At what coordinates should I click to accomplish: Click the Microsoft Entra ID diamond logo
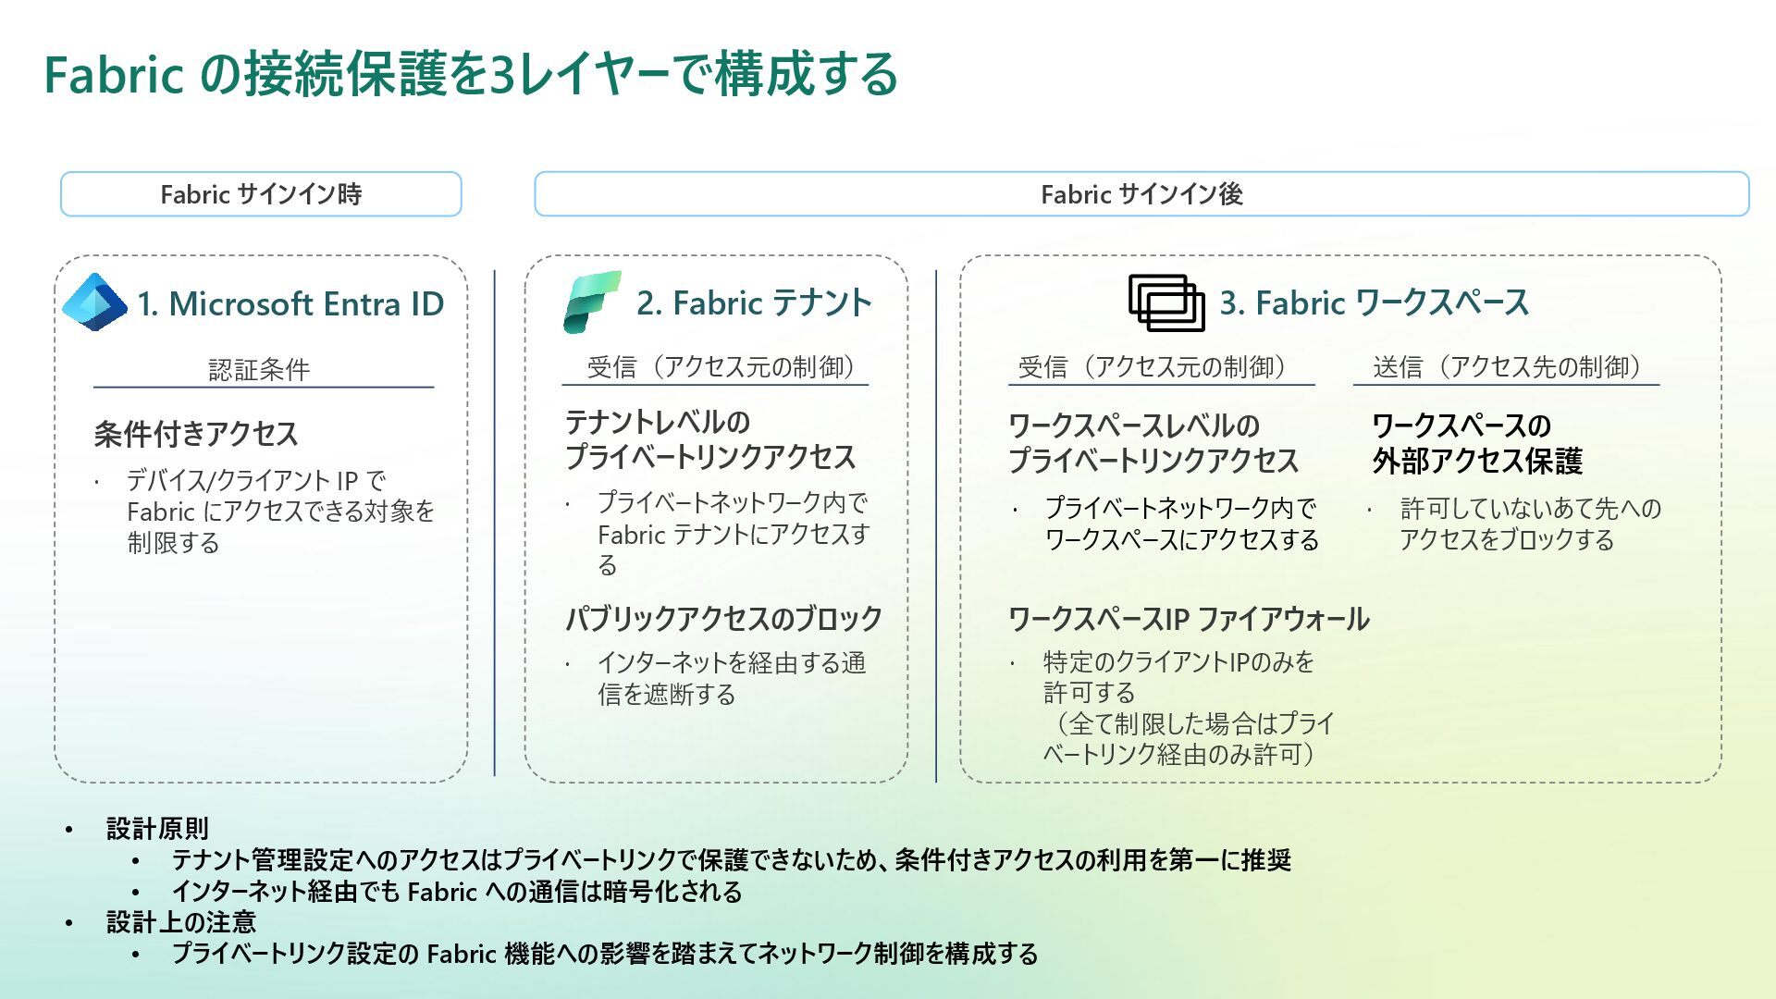94,302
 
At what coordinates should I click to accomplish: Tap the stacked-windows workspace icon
1165,302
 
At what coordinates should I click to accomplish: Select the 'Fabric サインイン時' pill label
261,194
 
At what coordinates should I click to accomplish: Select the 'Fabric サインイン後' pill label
1141,194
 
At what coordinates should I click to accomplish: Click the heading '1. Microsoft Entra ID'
290,303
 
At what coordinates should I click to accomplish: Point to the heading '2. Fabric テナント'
754,302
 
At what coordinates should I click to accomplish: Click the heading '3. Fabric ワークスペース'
1374,302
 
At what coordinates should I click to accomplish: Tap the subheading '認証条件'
259,370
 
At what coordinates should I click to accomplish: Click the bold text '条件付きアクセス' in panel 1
196,434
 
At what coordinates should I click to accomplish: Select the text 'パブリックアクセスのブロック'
723,618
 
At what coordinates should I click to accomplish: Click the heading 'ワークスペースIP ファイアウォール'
1189,619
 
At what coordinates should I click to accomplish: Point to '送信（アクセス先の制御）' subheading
1507,367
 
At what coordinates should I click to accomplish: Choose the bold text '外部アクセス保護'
1477,461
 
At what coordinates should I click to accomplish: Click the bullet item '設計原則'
157,828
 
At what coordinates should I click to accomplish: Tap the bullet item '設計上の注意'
181,921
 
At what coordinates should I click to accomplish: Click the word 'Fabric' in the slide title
113,74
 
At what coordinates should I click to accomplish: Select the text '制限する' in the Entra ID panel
173,543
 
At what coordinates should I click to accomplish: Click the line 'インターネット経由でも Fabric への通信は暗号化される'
457,892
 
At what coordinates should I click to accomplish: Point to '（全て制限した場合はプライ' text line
1190,723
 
